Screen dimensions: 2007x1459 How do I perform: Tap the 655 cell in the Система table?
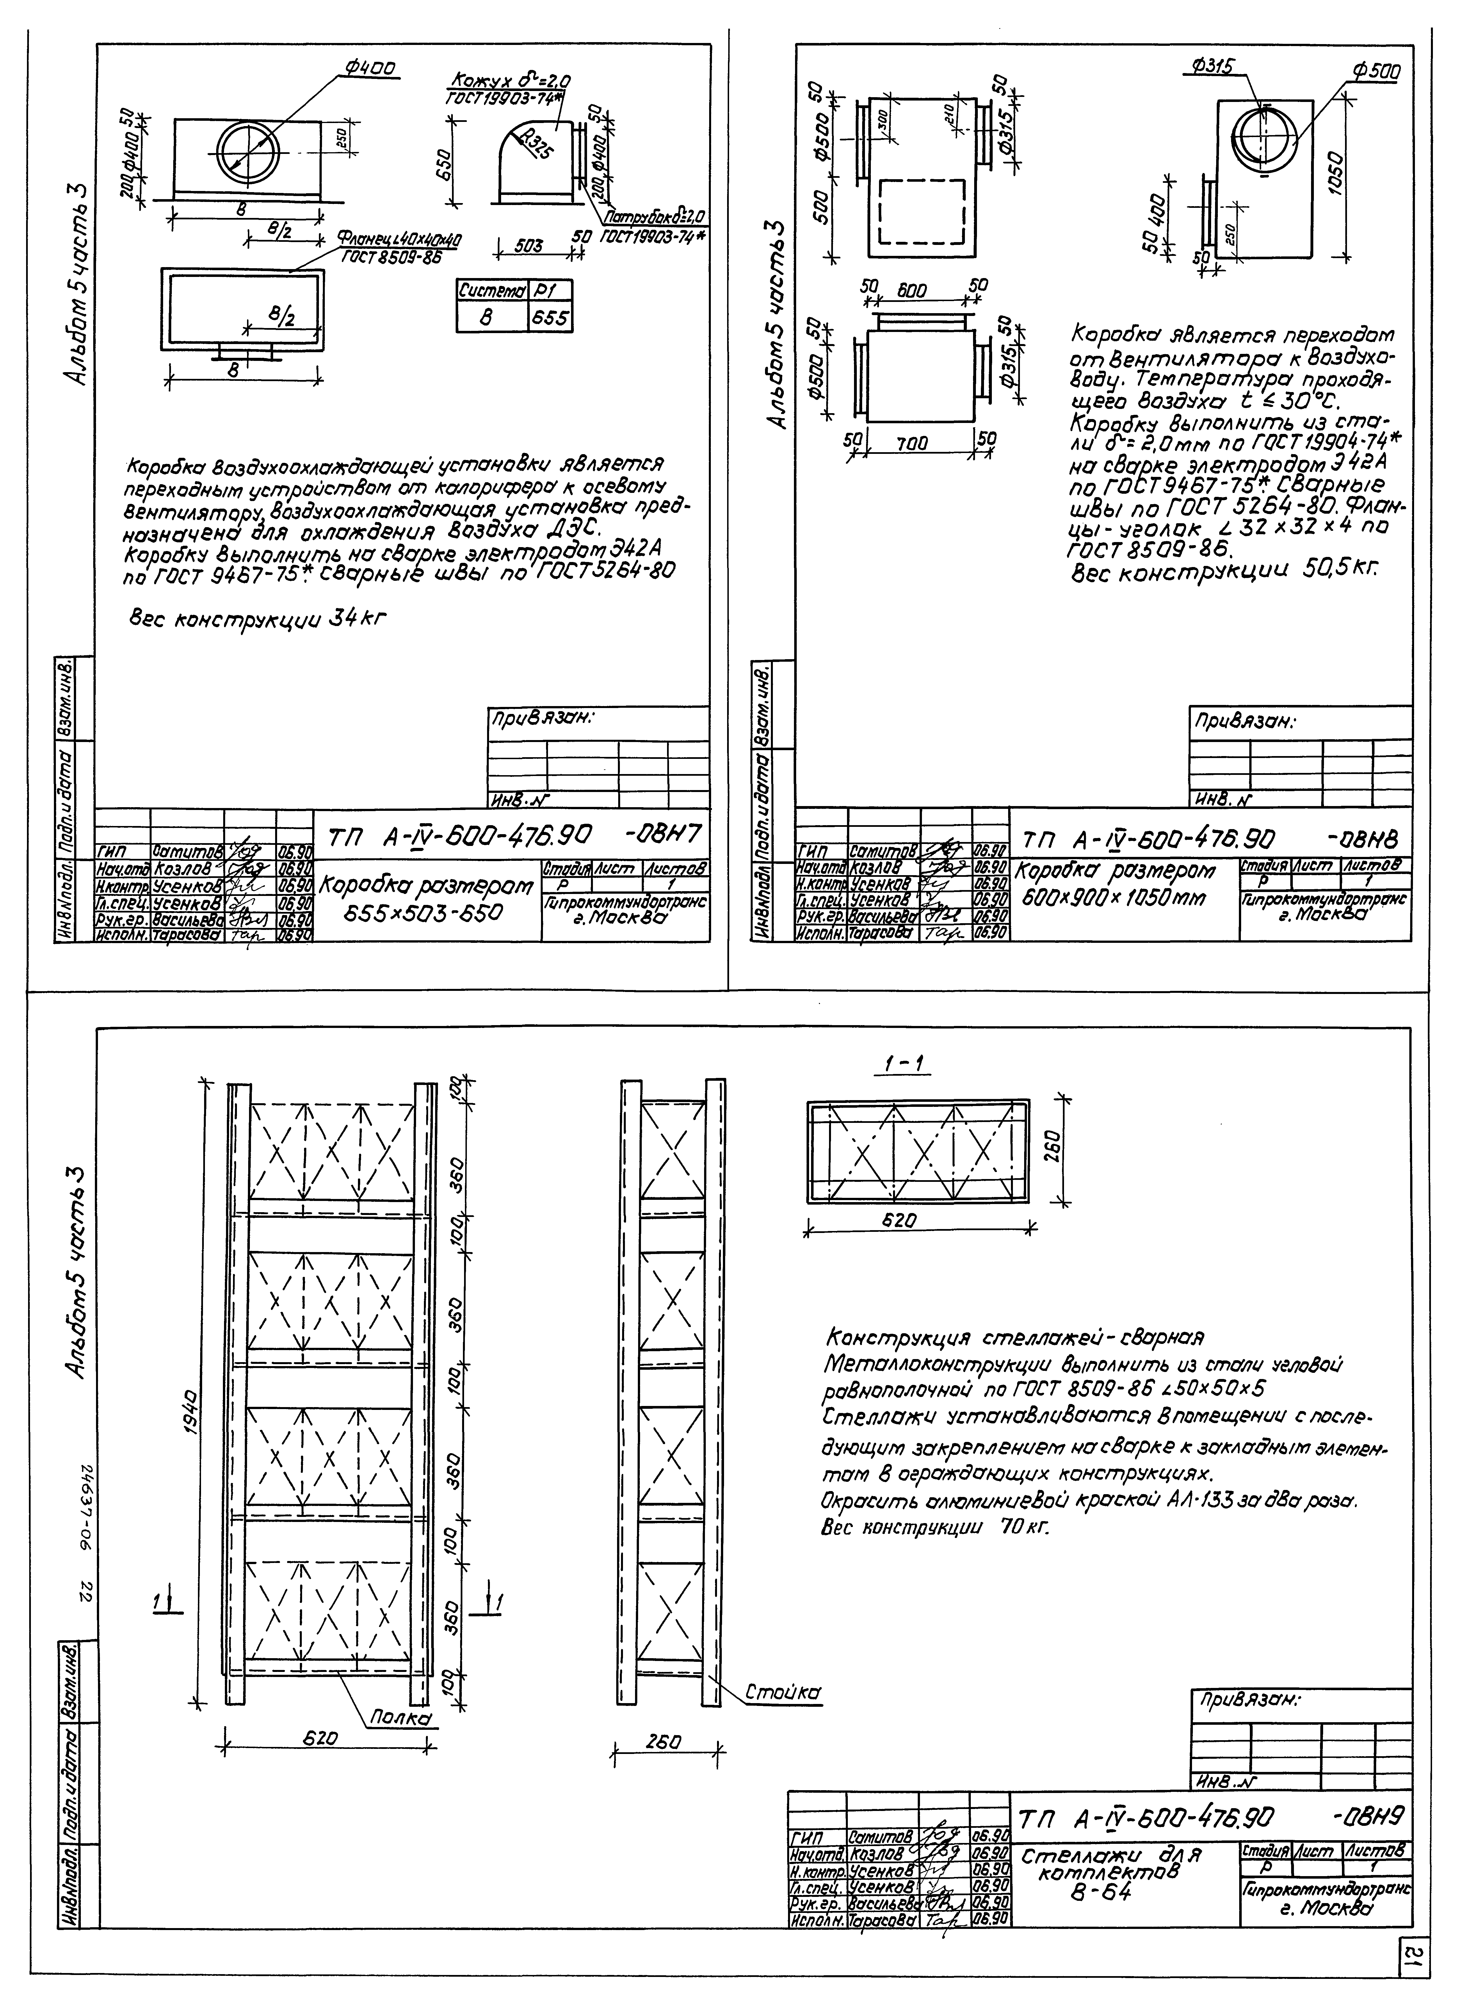(549, 318)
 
